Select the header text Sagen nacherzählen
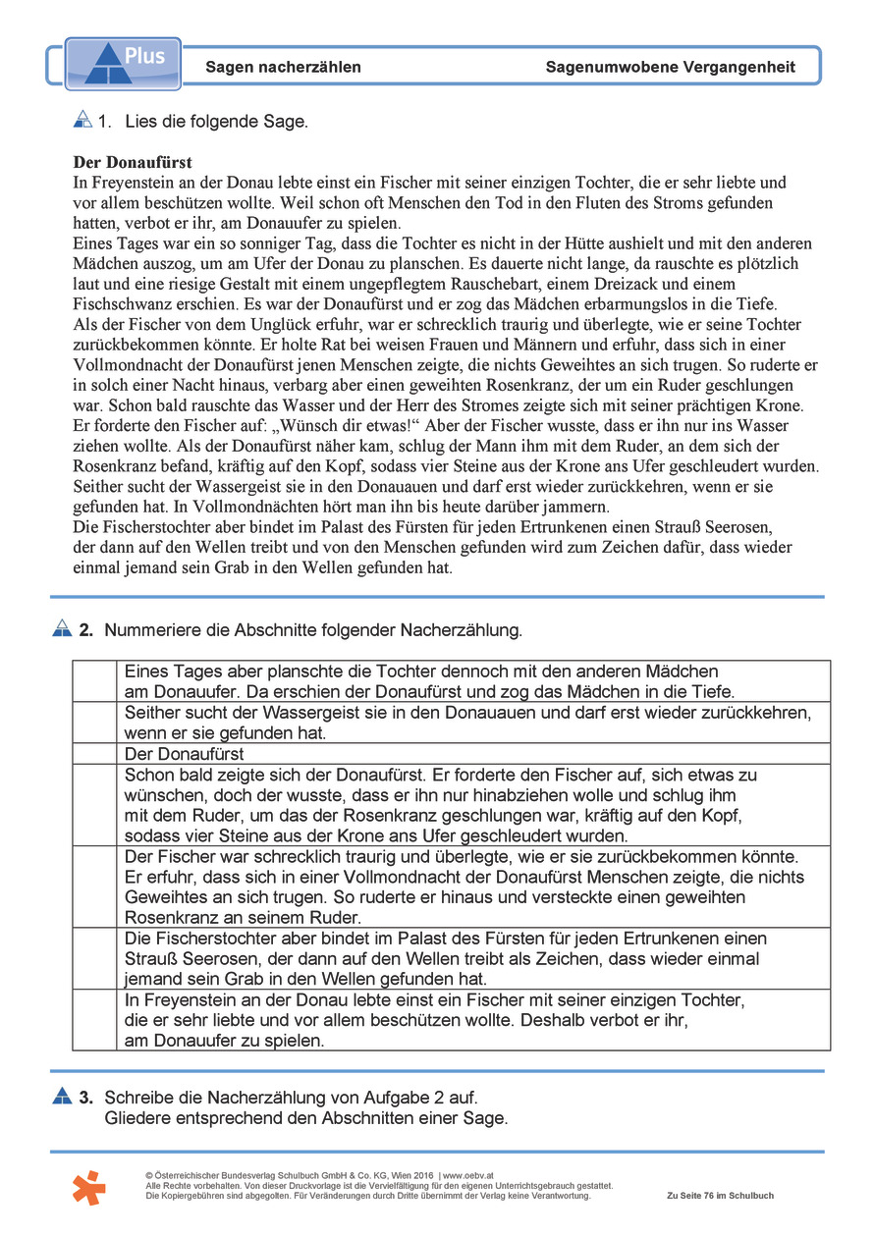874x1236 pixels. (x=283, y=68)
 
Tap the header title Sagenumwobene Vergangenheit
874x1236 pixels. (x=670, y=68)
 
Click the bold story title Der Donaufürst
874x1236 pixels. (x=133, y=162)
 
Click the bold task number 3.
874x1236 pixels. (x=86, y=1097)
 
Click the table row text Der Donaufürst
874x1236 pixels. (x=185, y=754)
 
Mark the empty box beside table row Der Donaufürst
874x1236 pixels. (x=94, y=754)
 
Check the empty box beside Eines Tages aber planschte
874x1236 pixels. (x=94, y=681)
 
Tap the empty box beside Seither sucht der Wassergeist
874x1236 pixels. (x=94, y=723)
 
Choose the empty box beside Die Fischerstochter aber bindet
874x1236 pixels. (x=94, y=958)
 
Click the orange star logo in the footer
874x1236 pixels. (x=88, y=1187)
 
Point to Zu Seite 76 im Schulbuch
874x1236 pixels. (x=720, y=1196)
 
